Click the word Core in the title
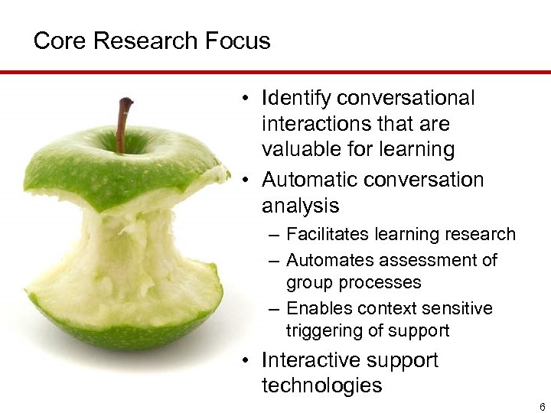point(59,41)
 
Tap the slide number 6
point(543,407)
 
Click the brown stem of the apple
point(122,122)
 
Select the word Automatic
point(308,180)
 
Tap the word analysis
point(301,206)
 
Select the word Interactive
point(311,359)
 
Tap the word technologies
point(321,385)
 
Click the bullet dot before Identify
point(243,99)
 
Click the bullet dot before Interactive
point(243,360)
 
